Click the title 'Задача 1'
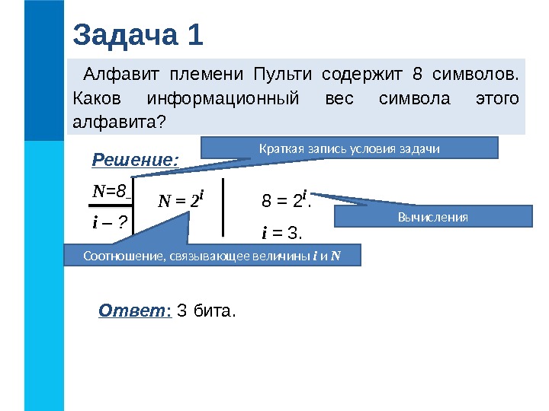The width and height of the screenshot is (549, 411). (x=138, y=35)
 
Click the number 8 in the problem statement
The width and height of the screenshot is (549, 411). (x=416, y=75)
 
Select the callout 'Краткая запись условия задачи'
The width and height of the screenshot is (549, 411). (x=348, y=148)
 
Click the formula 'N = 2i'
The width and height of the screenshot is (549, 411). (x=181, y=202)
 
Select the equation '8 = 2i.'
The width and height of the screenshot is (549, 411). (x=285, y=202)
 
